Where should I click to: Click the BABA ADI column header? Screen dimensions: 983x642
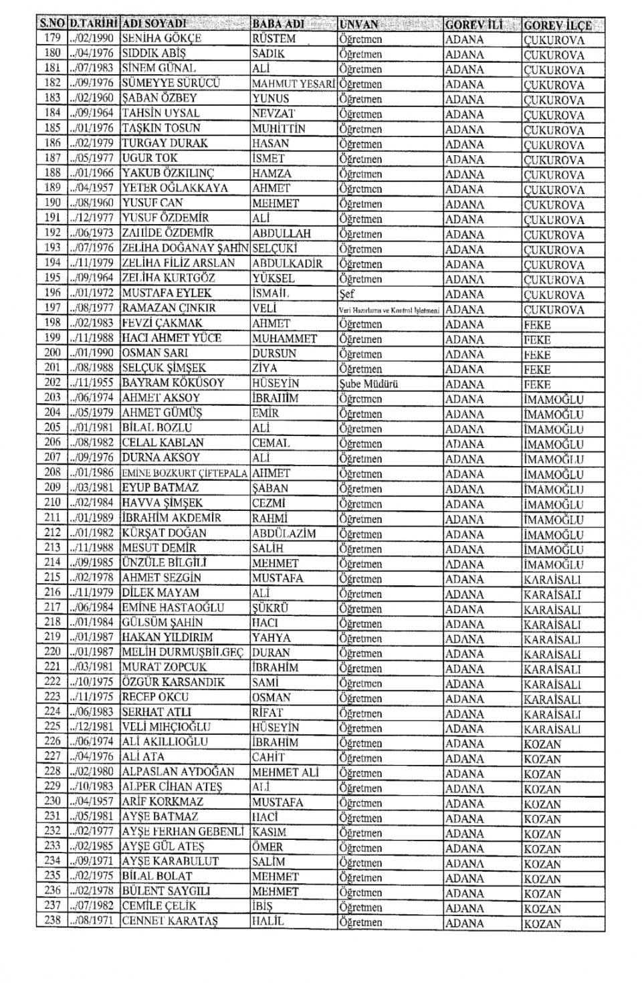click(278, 24)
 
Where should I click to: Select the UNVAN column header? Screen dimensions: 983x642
click(359, 25)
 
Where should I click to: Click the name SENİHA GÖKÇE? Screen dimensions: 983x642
click(161, 39)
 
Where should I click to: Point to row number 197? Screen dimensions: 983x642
click(52, 308)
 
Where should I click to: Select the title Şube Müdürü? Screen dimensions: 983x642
click(368, 384)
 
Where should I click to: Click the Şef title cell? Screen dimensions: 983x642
click(347, 294)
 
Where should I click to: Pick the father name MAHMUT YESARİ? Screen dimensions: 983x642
click(293, 84)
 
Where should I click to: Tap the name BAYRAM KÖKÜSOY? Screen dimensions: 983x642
click(173, 383)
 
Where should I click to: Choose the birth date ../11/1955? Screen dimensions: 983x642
click(92, 383)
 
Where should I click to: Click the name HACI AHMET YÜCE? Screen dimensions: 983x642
click(171, 338)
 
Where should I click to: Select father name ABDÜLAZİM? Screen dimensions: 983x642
click(284, 534)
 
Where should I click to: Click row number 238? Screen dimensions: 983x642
click(52, 921)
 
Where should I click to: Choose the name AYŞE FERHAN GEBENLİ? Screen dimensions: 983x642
click(183, 832)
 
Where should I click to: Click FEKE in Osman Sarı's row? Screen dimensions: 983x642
click(537, 354)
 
